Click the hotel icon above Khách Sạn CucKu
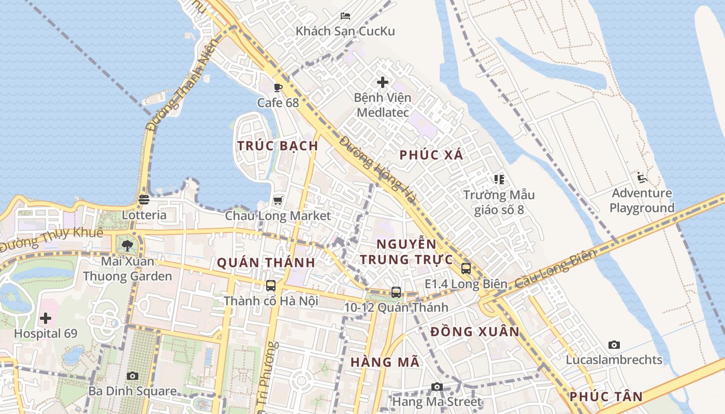(x=345, y=16)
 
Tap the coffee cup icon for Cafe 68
(x=278, y=87)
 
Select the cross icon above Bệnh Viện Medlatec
(x=383, y=82)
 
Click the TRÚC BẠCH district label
(x=278, y=146)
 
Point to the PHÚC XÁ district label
(x=431, y=155)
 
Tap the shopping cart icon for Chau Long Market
(x=278, y=200)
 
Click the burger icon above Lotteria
(x=144, y=199)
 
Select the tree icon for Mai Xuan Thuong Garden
(x=127, y=245)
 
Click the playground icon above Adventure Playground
(x=642, y=178)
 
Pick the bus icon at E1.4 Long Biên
(x=466, y=268)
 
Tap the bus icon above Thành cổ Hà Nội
(x=270, y=285)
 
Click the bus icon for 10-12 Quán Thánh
(x=396, y=292)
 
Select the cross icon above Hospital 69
(x=46, y=318)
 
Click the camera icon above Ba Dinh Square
(x=133, y=376)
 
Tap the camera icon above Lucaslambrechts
(x=614, y=345)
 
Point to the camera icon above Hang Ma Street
(x=437, y=387)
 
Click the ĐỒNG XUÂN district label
(x=474, y=332)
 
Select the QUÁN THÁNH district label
(x=266, y=263)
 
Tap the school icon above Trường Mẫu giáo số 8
(x=499, y=180)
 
